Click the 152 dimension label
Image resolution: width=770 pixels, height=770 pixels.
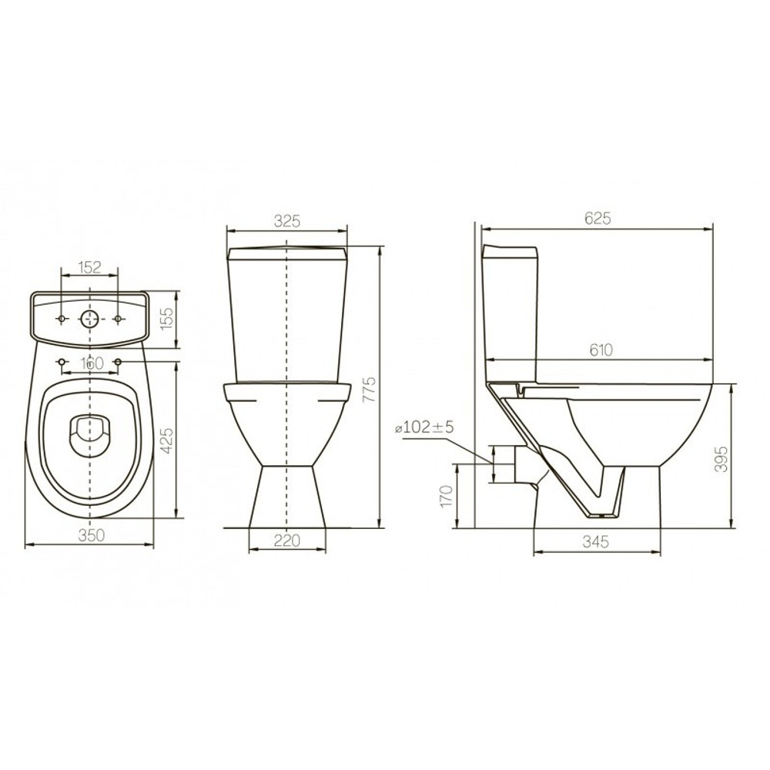[x=89, y=268]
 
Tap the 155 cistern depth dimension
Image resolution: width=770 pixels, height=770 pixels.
[x=168, y=319]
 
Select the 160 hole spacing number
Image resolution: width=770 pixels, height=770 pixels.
[x=92, y=364]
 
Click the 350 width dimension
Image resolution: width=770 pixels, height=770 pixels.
[x=92, y=536]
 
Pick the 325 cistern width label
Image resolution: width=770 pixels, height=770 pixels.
[x=286, y=222]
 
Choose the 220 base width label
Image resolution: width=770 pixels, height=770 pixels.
[x=286, y=541]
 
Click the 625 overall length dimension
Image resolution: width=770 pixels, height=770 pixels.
[x=598, y=218]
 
